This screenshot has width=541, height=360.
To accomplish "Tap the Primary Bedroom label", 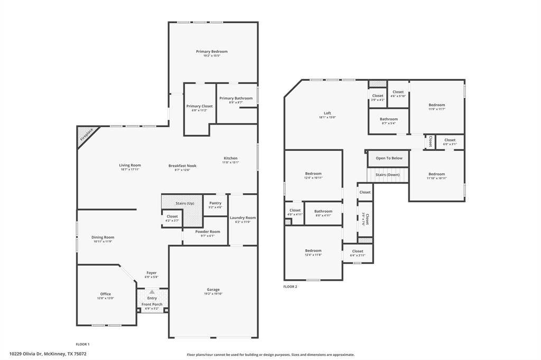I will pyautogui.click(x=211, y=52).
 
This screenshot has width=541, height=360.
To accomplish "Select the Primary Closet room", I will pyautogui.click(x=199, y=108).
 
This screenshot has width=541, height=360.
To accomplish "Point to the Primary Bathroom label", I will pyautogui.click(x=236, y=99).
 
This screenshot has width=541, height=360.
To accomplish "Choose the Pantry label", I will pyautogui.click(x=215, y=203).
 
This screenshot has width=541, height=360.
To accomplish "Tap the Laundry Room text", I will pyautogui.click(x=242, y=217).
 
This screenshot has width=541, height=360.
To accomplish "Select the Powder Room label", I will pyautogui.click(x=207, y=232).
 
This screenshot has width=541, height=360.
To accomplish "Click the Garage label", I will pyautogui.click(x=213, y=290).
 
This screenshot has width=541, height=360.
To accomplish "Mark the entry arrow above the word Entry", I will pyautogui.click(x=152, y=291).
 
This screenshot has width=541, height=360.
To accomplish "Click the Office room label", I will pyautogui.click(x=106, y=294).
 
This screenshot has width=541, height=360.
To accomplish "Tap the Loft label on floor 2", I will pyautogui.click(x=327, y=113).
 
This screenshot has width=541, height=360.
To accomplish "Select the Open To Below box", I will pyautogui.click(x=389, y=158).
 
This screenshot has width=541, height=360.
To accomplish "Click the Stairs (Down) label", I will pyautogui.click(x=387, y=175).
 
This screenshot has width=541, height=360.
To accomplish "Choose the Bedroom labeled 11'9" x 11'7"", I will pyautogui.click(x=436, y=105).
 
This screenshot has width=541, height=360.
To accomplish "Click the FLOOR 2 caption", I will pyautogui.click(x=290, y=287).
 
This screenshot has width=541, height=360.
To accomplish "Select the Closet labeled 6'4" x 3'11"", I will pyautogui.click(x=357, y=253).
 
